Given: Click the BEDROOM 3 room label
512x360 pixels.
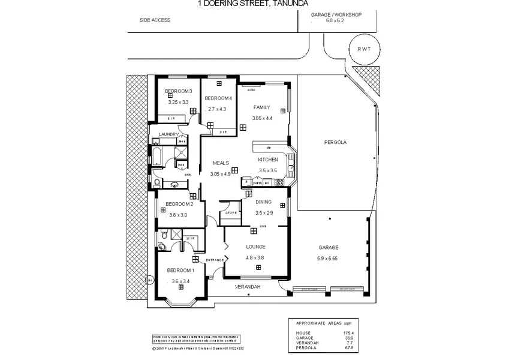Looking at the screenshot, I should [x=178, y=91].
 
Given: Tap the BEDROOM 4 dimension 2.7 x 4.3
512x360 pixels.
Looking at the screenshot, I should [x=217, y=109].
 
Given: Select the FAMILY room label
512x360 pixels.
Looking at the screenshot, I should [x=261, y=107].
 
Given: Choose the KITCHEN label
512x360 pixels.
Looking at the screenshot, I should [x=267, y=160].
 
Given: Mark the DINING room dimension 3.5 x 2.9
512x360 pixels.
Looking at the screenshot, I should [x=264, y=212].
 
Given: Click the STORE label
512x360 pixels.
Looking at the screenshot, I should [x=231, y=212].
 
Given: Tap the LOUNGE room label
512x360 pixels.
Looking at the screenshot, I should [x=255, y=247].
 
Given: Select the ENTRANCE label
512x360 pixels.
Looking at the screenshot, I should [x=215, y=259].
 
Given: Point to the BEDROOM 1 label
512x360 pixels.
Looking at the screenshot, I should [x=180, y=270].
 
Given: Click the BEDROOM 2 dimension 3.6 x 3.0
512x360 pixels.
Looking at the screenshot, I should [x=178, y=215].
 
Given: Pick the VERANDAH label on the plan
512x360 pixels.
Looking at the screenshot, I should [x=248, y=287].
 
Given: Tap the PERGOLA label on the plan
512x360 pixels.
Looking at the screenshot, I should [x=335, y=143].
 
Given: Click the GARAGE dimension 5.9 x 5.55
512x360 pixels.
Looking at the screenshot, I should [x=328, y=259].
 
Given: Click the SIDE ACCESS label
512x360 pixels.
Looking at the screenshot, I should [x=155, y=20].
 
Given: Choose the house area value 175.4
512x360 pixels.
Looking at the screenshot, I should [x=347, y=332].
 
